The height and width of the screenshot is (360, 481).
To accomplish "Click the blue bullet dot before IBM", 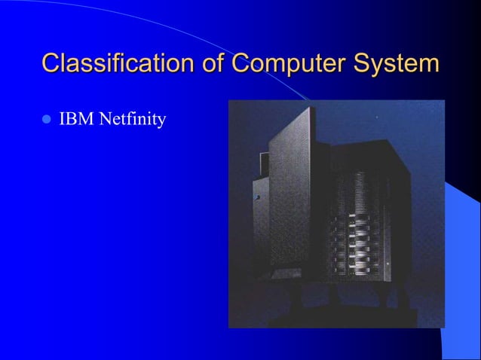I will [x=46, y=119].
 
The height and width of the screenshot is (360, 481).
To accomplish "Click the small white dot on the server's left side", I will [x=258, y=197].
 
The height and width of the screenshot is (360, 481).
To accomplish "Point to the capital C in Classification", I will [x=51, y=63].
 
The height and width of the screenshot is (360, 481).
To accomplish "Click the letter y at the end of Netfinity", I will [x=161, y=121].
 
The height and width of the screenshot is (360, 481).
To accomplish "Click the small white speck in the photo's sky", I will [x=376, y=118].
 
